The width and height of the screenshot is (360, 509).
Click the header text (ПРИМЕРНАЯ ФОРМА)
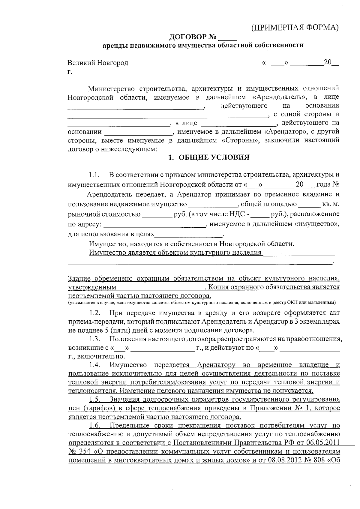point(295,28)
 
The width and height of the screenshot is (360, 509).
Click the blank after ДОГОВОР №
point(228,38)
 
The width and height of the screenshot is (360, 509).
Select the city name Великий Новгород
point(98,63)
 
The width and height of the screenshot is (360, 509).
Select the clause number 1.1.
point(94,175)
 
